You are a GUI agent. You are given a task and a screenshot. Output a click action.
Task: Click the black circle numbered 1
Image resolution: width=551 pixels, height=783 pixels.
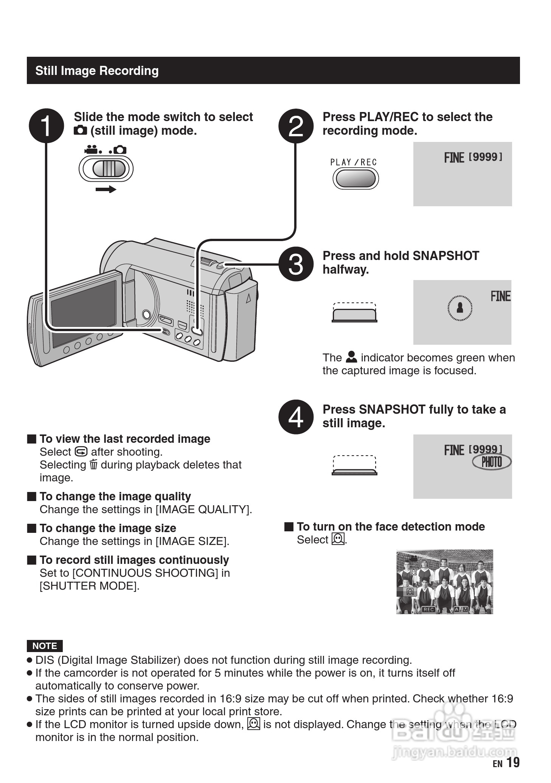click(x=46, y=126)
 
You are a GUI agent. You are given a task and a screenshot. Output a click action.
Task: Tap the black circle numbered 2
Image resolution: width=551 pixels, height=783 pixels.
click(x=296, y=126)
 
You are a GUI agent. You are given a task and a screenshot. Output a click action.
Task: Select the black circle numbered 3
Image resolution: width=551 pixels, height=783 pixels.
click(x=296, y=264)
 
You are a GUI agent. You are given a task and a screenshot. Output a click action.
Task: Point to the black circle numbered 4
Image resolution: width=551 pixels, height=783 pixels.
click(x=296, y=417)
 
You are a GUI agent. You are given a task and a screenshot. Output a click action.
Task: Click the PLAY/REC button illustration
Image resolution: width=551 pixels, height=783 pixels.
click(x=355, y=179)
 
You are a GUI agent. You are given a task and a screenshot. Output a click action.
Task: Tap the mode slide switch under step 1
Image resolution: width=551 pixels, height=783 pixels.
click(x=106, y=168)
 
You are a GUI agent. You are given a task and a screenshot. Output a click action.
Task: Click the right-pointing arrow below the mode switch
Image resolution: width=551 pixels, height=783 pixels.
click(x=106, y=189)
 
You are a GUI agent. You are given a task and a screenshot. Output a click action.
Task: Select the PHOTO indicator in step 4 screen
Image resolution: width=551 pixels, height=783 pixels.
click(x=492, y=462)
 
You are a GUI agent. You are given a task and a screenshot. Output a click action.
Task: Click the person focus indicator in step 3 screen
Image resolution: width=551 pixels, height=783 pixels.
click(x=460, y=307)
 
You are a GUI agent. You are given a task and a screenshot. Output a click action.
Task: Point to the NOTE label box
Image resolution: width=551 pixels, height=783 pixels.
click(x=45, y=646)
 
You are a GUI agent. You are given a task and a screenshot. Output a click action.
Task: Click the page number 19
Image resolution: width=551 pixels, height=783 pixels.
click(x=513, y=762)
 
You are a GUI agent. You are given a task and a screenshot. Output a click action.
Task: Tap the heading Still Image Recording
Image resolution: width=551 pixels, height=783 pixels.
click(x=97, y=71)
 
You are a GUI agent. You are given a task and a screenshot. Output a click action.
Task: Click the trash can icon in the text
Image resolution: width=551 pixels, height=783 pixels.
click(x=93, y=464)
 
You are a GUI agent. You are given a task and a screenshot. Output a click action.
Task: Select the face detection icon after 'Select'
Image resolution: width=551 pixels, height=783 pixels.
click(x=338, y=539)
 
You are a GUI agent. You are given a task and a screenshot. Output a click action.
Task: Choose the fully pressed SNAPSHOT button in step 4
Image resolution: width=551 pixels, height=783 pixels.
click(x=354, y=472)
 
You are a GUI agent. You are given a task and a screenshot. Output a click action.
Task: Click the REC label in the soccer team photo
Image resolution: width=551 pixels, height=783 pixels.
click(x=428, y=609)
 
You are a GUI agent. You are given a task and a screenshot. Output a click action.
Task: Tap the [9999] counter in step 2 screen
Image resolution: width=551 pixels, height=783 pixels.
click(x=486, y=157)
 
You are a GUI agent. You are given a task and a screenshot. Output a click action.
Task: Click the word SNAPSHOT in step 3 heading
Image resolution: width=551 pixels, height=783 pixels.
click(x=446, y=256)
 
